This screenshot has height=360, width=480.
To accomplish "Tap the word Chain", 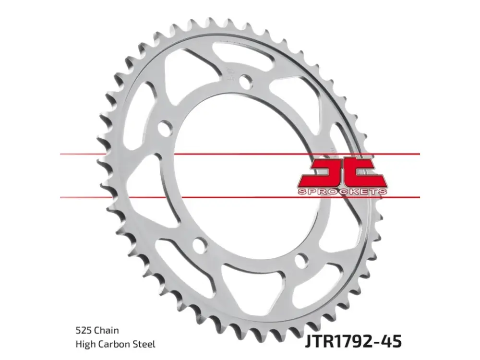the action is click(107, 330).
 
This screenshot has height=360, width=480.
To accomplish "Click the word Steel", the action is click(144, 344).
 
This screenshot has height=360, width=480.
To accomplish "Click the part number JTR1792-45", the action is click(353, 341).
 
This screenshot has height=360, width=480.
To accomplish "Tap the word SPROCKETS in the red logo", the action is click(342, 192).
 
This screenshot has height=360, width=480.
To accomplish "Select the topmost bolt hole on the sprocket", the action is click(246, 82).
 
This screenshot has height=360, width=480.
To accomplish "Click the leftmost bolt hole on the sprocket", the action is click(166, 127).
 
